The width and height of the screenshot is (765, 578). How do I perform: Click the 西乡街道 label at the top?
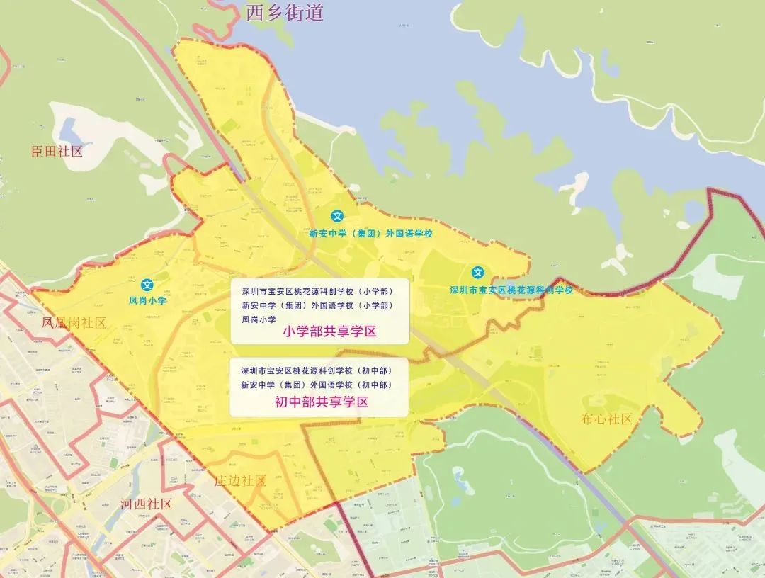click(284, 12)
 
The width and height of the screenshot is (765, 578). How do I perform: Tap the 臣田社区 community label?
click(57, 151)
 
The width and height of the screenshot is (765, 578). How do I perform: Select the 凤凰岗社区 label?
click(74, 323)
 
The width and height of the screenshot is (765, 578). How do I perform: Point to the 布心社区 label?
click(606, 419)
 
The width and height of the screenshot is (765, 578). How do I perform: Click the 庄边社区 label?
click(240, 481)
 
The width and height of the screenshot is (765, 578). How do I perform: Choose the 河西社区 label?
click(147, 504)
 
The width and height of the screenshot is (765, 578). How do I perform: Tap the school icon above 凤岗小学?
click(147, 285)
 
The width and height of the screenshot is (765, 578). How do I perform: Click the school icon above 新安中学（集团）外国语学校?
click(338, 216)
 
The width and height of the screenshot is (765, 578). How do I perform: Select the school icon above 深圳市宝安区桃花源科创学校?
click(479, 272)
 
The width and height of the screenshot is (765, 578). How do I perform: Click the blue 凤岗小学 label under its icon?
click(147, 300)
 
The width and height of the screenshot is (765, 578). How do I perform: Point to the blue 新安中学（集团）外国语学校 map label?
click(370, 232)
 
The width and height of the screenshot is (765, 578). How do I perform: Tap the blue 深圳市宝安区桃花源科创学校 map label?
click(511, 290)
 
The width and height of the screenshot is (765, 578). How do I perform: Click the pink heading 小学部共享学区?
click(329, 331)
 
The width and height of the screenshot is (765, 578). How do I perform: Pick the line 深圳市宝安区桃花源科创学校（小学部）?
click(317, 291)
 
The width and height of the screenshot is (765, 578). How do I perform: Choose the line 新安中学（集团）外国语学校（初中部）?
click(316, 385)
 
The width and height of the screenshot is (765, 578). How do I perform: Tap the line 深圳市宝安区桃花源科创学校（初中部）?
click(316, 370)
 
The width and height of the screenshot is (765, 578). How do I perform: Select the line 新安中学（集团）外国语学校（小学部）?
click(317, 305)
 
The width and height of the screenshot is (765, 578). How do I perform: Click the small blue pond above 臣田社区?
click(72, 130)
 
